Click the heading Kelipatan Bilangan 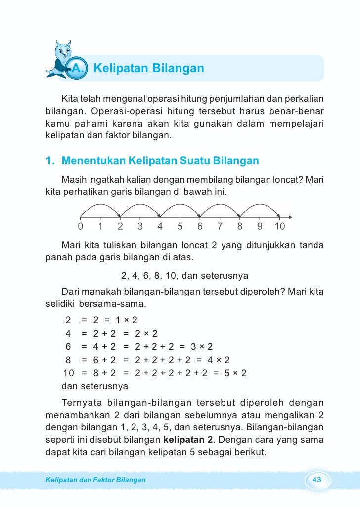pos(148,68)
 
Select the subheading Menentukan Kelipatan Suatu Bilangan pos(160,161)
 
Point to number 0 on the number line pos(80,227)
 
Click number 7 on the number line pos(220,227)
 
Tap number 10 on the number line pos(279,227)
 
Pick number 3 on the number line pos(140,227)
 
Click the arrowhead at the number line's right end pos(290,216)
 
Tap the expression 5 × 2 pos(235,373)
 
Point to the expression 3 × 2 pos(202,346)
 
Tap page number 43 pos(317,480)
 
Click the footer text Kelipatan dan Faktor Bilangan pos(95,480)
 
